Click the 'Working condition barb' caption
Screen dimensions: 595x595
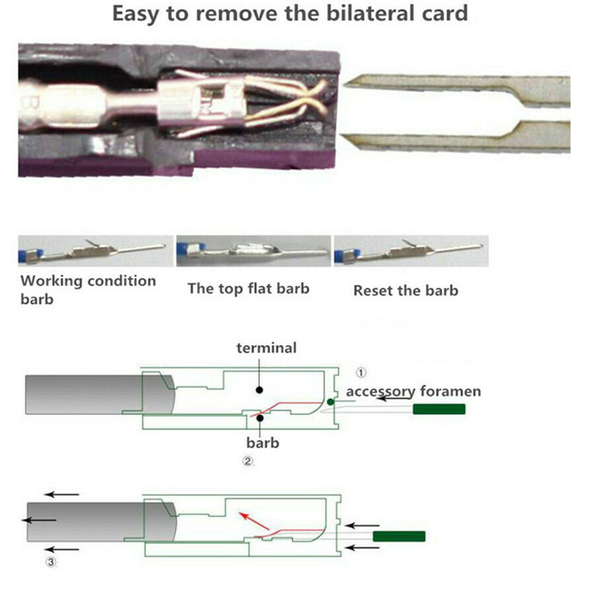88,289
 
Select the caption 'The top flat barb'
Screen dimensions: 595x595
248,289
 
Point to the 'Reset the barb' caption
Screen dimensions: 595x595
405,291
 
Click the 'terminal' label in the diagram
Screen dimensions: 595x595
266,348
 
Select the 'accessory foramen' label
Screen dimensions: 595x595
413,391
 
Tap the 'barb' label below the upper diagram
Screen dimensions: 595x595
262,443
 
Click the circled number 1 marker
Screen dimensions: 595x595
361,373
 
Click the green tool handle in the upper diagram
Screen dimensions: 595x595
439,409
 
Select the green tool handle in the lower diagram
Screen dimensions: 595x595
399,536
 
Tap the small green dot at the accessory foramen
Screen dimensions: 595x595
330,402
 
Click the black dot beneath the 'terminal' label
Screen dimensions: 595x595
259,390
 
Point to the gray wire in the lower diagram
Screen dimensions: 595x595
89,521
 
